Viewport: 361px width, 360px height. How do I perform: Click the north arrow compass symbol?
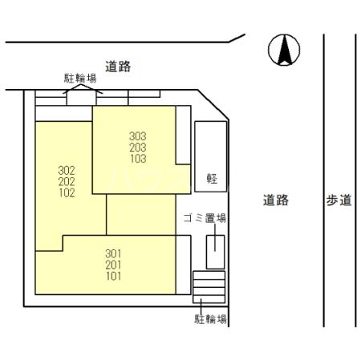coord(284,51)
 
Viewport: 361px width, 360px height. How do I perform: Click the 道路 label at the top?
coord(117,67)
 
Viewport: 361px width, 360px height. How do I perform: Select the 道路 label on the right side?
coord(275,200)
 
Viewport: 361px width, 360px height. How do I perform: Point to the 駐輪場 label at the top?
coord(80,79)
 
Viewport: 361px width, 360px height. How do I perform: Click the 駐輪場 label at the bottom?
coord(210,319)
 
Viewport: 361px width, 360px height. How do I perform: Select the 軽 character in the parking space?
coord(211,178)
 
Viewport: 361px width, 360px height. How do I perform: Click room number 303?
coord(138,136)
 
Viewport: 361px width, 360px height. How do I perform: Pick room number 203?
coord(138,148)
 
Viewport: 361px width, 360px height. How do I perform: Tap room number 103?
coord(138,159)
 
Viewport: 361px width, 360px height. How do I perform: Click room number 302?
coord(67,170)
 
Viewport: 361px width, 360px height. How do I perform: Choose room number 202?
coord(67,181)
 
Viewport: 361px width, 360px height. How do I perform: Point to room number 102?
coord(67,192)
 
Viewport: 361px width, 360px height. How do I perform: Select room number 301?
coord(114,254)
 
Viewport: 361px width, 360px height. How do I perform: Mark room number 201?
coord(114,265)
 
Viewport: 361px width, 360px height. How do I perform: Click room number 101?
coord(114,277)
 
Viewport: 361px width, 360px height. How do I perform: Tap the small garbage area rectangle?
coord(215,252)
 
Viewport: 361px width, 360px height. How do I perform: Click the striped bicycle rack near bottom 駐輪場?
coord(209,287)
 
